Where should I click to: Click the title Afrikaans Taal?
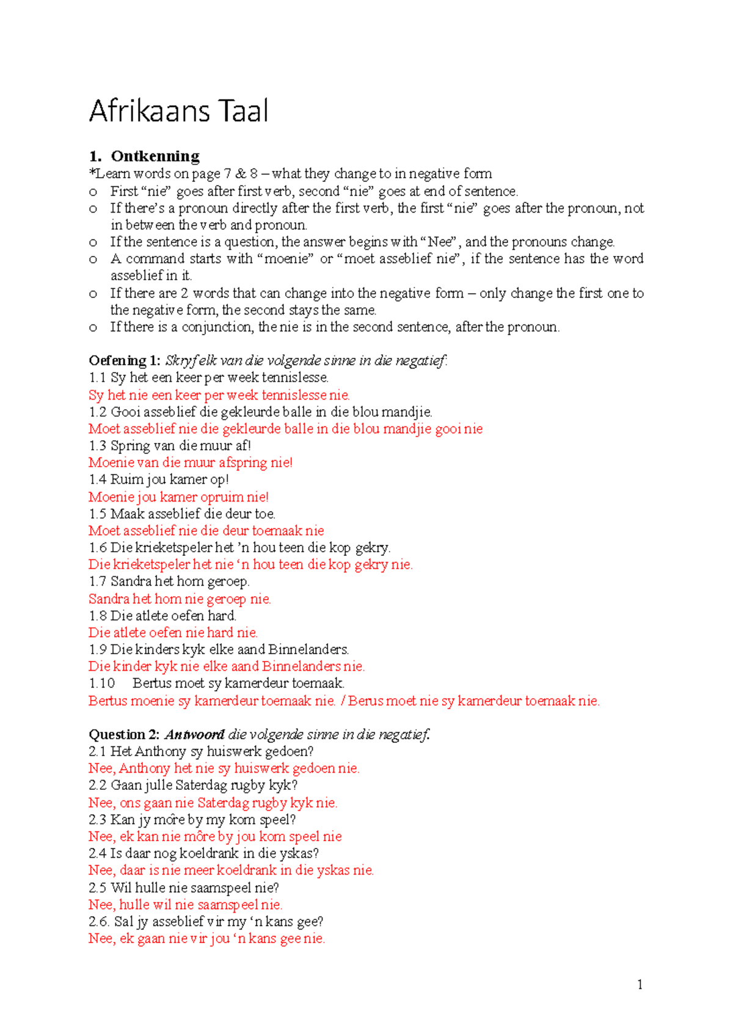(178, 112)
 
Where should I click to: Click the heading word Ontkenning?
(155, 156)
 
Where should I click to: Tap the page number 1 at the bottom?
(640, 984)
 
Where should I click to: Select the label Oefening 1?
(125, 360)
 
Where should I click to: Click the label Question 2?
(125, 734)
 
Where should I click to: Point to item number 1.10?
(101, 683)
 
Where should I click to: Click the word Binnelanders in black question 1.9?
(308, 649)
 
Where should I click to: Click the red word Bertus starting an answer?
(108, 701)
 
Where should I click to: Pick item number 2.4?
(97, 853)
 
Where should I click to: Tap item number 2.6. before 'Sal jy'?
(99, 921)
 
